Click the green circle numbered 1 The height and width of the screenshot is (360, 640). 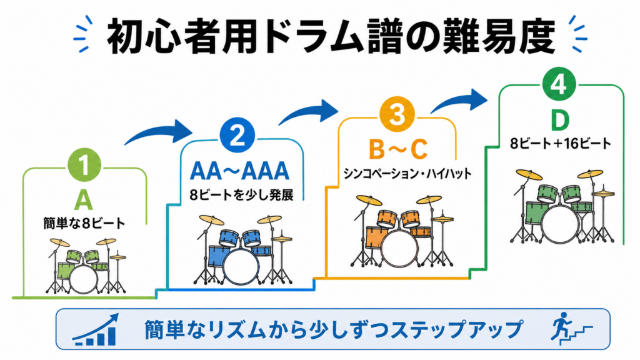click(84, 165)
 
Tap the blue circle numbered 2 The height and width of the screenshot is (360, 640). click(237, 136)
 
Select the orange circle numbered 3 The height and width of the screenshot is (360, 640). click(397, 114)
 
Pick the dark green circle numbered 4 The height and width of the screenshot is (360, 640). click(559, 84)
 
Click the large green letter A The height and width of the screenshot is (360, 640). click(84, 200)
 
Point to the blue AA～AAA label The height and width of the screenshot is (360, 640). click(240, 171)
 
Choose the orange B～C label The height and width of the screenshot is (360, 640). click(398, 149)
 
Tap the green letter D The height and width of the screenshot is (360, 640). click(559, 120)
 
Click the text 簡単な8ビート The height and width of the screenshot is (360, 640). click(84, 223)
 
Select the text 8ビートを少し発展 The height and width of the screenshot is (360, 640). click(241, 195)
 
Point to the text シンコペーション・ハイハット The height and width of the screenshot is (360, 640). click(407, 174)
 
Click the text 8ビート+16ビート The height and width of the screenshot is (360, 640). click(561, 143)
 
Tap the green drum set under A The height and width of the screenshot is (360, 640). click(86, 266)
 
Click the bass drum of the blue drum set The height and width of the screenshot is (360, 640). click(241, 266)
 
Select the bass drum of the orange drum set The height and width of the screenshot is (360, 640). click(400, 249)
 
